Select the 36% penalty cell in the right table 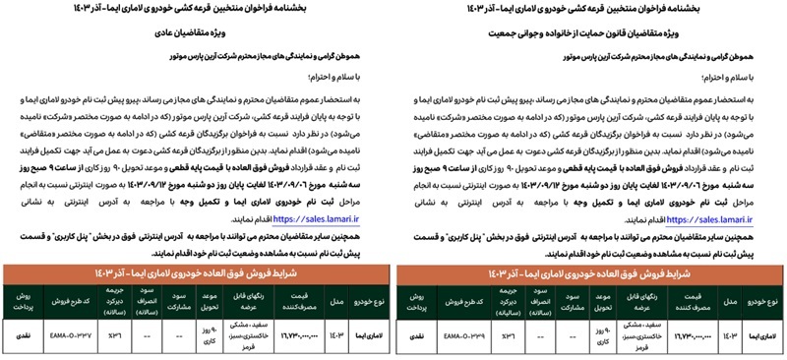point(514,335)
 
